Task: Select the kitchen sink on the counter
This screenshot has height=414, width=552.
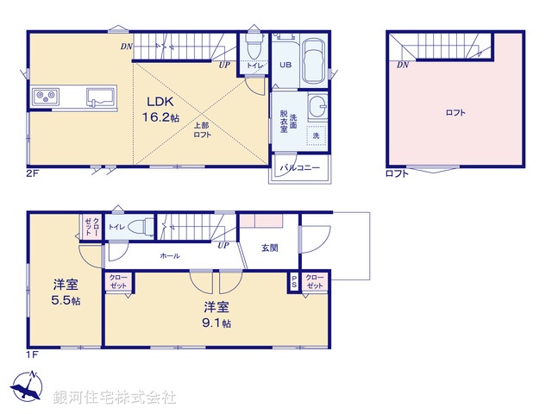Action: pyautogui.click(x=100, y=96)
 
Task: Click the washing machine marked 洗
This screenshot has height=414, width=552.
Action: pyautogui.click(x=316, y=136)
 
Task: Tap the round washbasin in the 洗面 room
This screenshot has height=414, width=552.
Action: pyautogui.click(x=317, y=108)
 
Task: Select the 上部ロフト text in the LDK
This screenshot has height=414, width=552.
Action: pyautogui.click(x=201, y=130)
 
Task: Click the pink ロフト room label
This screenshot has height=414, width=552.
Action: pyautogui.click(x=456, y=113)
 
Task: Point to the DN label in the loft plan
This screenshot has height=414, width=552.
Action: pyautogui.click(x=403, y=66)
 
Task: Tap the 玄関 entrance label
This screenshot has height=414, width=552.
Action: pyautogui.click(x=269, y=248)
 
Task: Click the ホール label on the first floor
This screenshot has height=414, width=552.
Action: pyautogui.click(x=169, y=256)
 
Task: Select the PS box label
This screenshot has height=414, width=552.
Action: pyautogui.click(x=294, y=281)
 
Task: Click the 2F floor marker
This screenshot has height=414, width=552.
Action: pyautogui.click(x=32, y=173)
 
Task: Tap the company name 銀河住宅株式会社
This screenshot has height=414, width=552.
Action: pyautogui.click(x=115, y=398)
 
